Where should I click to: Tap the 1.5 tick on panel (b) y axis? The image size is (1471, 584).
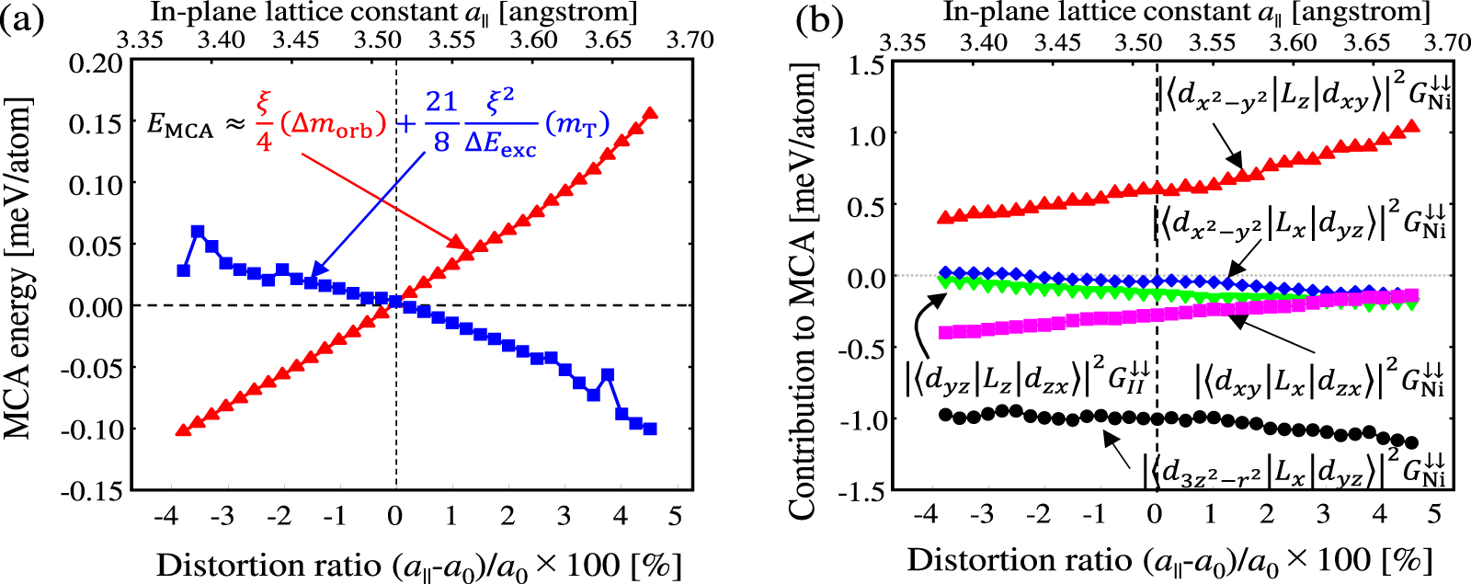(866, 64)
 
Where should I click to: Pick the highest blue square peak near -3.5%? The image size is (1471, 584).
(197, 232)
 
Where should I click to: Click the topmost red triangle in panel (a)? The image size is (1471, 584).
(650, 113)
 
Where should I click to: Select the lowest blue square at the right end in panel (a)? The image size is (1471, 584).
(650, 429)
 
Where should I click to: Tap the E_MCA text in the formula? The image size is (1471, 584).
(179, 126)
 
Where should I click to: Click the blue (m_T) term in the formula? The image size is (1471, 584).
(577, 124)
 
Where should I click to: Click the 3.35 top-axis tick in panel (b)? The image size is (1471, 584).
(903, 42)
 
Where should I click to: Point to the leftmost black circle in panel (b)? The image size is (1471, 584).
(944, 415)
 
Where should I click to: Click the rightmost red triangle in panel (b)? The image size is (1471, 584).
(1413, 125)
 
